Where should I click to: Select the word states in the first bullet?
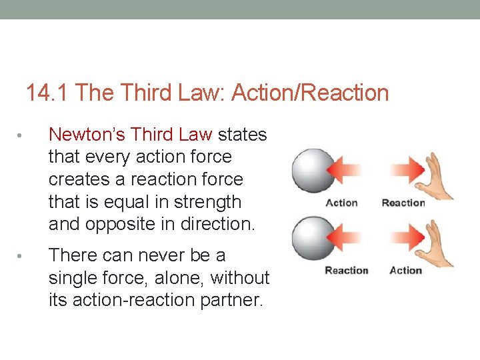pos(243,135)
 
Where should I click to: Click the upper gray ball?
pos(313,170)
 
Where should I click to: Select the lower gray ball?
pos(313,238)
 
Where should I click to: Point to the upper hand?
pos(437,175)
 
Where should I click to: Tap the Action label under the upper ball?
pos(341,203)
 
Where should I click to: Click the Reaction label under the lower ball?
pos(346,271)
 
